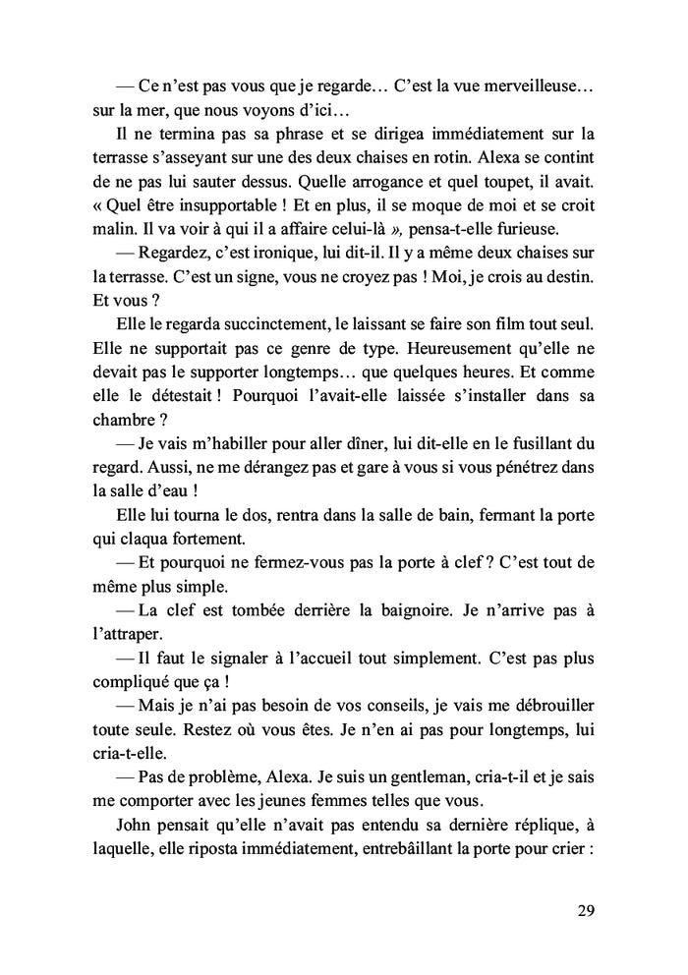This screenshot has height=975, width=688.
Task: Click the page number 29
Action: pyautogui.click(x=585, y=909)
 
